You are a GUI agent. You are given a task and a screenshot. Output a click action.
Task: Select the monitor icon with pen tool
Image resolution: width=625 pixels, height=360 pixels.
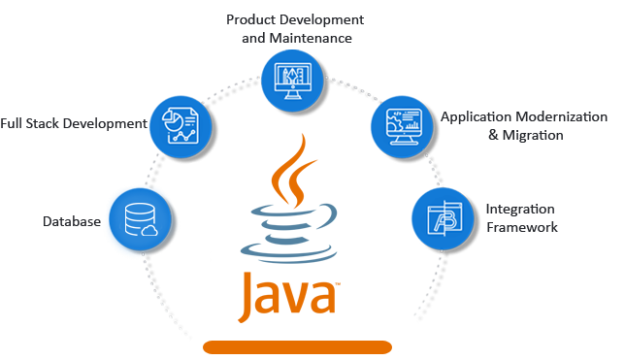tap(290, 77)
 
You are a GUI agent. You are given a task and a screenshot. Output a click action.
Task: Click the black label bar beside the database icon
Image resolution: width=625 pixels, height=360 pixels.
tap(72, 221)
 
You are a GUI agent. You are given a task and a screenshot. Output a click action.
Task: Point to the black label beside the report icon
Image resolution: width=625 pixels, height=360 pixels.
tap(72, 124)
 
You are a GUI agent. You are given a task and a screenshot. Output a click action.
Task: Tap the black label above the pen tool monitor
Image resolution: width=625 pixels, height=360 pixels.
tap(295, 27)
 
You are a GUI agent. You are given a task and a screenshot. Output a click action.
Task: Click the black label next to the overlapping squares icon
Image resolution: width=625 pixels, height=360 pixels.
tap(522, 218)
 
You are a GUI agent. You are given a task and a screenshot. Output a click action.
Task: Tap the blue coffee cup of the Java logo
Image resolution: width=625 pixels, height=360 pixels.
tap(289, 234)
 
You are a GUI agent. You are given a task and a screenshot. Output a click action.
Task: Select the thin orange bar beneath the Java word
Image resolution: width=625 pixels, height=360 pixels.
tap(297, 345)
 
